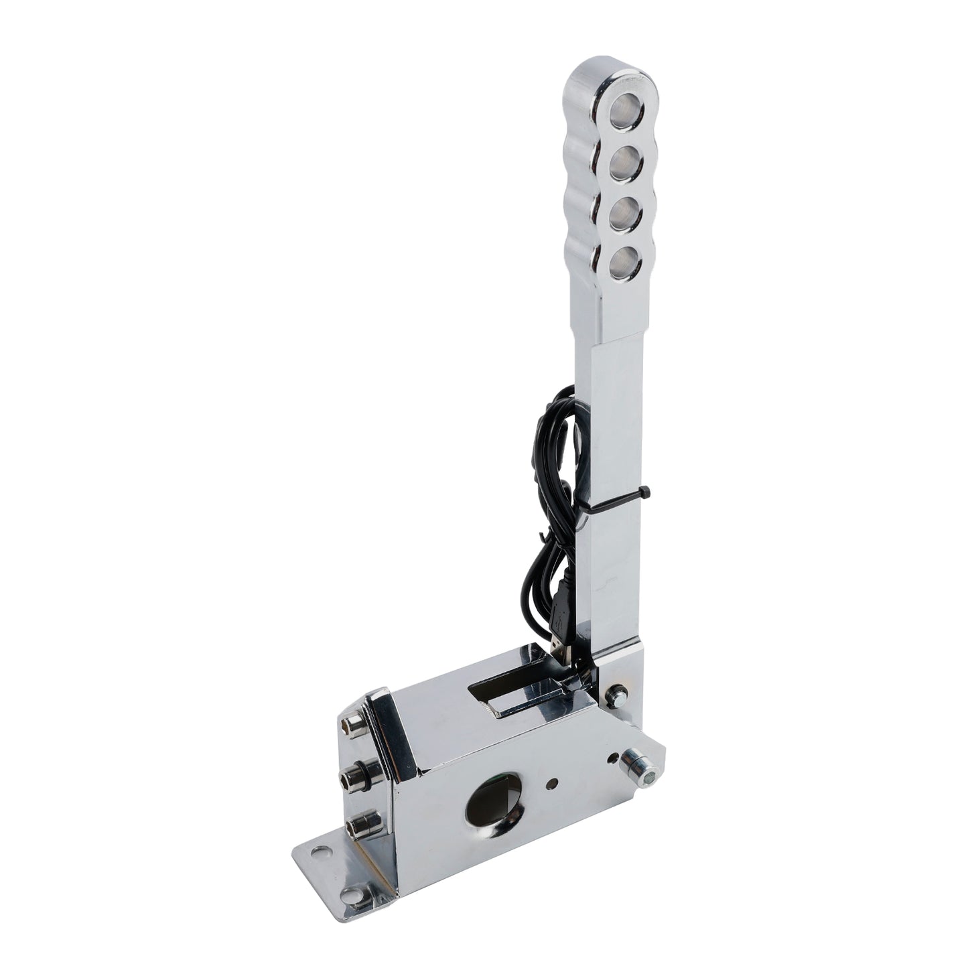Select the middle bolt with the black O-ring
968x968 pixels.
(x=352, y=777)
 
